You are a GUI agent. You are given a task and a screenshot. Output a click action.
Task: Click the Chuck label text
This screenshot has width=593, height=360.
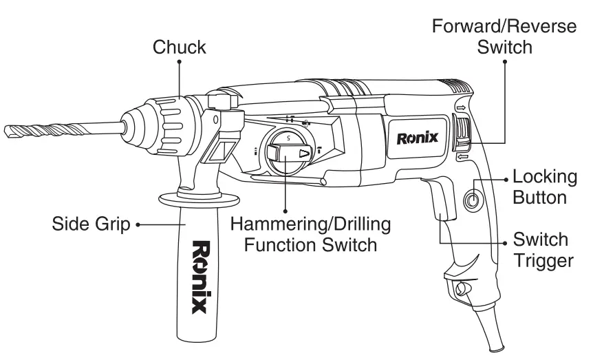pyautogui.click(x=180, y=47)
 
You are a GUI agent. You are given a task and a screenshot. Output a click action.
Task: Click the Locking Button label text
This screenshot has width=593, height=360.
pyautogui.click(x=545, y=187)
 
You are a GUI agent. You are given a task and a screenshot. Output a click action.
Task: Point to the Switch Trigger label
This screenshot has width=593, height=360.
pyautogui.click(x=546, y=251)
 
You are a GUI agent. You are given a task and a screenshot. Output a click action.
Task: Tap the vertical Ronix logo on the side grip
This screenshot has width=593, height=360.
pyautogui.click(x=200, y=276)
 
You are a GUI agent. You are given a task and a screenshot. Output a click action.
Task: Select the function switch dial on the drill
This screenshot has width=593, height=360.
pyautogui.click(x=287, y=153)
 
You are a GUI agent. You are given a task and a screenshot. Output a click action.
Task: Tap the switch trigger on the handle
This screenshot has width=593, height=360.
pyautogui.click(x=438, y=207)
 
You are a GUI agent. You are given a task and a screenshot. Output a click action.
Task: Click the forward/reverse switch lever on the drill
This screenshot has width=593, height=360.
pyautogui.click(x=463, y=134)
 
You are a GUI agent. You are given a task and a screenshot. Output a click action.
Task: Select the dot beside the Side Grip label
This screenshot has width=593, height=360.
pyautogui.click(x=138, y=224)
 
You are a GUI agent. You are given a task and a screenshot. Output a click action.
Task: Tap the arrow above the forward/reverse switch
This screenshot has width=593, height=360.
pyautogui.click(x=459, y=107)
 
